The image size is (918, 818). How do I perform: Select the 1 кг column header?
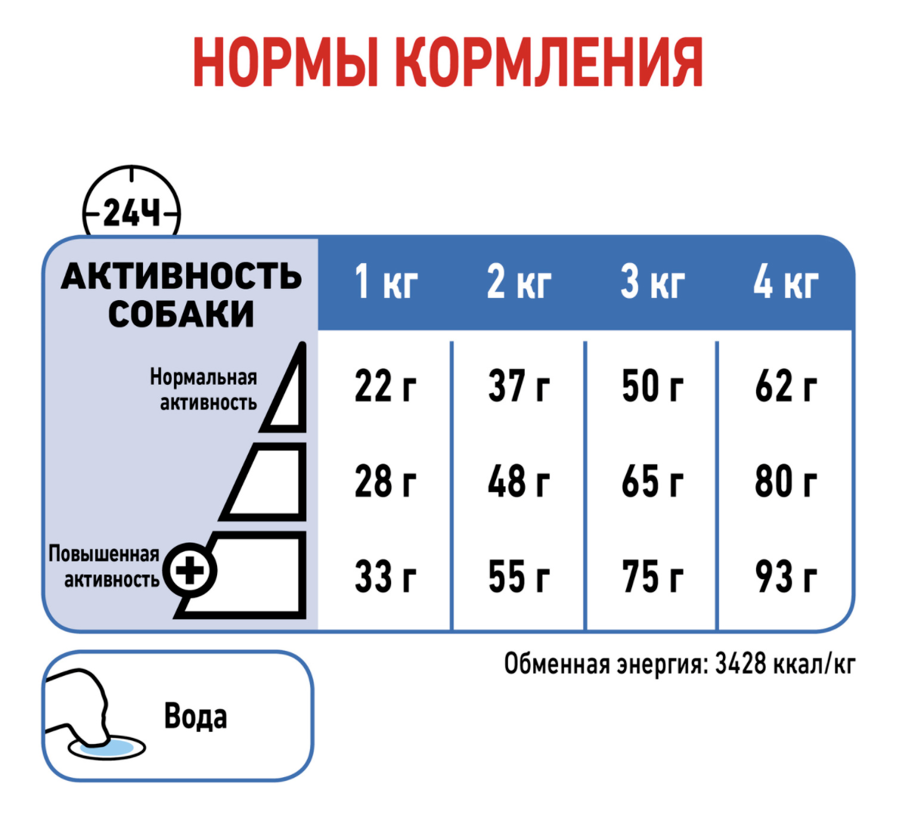pos(386,281)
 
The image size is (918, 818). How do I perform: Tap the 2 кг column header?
pos(519,281)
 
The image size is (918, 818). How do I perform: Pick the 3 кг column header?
pos(653,281)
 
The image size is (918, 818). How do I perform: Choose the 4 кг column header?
pos(786,281)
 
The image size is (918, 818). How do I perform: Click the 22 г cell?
pos(386,386)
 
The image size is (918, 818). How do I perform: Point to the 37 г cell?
pos(519,386)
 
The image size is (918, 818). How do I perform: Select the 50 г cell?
pos(653,386)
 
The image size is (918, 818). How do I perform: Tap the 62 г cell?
pos(786,386)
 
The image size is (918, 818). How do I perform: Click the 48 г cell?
pos(519,482)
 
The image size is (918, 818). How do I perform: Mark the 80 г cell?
pos(786,482)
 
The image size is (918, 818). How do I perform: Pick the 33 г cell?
pos(386,577)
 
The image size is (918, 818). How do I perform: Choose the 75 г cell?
pos(653,577)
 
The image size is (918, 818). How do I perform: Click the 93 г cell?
pos(786,577)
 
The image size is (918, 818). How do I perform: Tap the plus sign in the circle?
pos(189,570)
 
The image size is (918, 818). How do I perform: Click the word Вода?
pos(195,717)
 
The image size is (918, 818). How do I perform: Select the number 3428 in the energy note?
pos(740,664)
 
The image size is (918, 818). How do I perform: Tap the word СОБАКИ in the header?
pos(181,314)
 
